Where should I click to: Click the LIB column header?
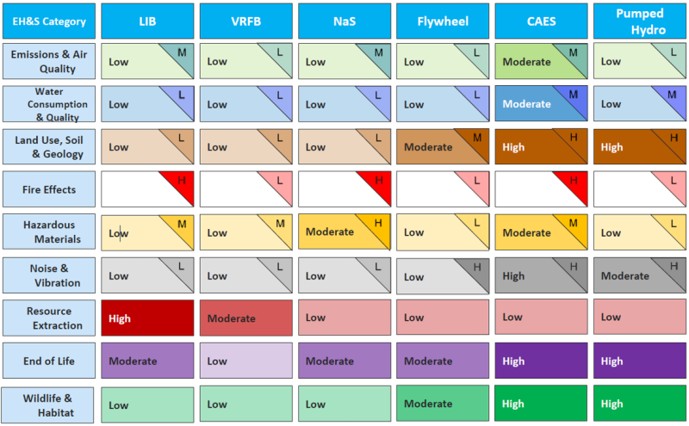(x=147, y=21)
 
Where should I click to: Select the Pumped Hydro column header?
(x=639, y=21)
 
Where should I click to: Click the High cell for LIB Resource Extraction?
(x=147, y=318)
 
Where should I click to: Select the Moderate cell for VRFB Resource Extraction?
(x=246, y=318)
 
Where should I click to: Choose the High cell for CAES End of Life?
(x=541, y=361)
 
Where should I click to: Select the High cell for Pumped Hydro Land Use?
(x=639, y=146)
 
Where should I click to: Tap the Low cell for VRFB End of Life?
(x=246, y=361)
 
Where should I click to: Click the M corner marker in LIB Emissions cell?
(x=182, y=52)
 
